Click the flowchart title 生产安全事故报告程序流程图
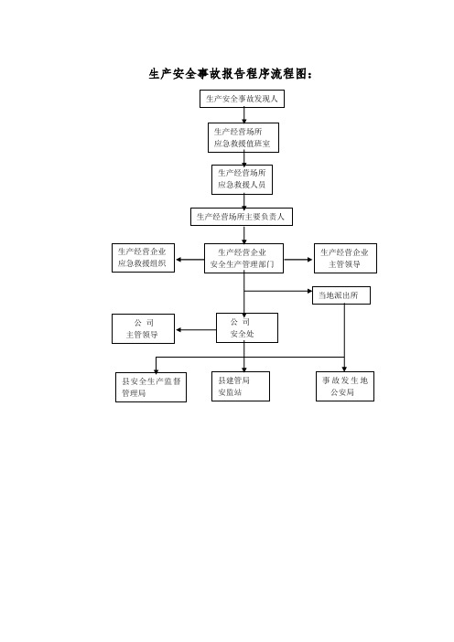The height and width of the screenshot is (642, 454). tap(231, 74)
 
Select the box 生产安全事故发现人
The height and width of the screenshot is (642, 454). tap(243, 99)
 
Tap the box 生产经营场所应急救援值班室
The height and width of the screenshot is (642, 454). tap(243, 137)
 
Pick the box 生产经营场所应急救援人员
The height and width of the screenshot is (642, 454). tap(243, 179)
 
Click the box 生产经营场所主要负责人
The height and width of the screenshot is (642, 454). tap(242, 217)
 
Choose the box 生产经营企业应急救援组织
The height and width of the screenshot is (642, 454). tap(143, 258)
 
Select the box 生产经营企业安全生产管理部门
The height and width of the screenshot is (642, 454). tap(243, 259)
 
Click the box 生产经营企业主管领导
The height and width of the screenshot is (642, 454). tap(345, 259)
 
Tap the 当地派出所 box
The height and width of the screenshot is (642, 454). tap(341, 295)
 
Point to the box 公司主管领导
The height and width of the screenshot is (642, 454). tap(143, 329)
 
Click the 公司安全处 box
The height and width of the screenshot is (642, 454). tap(247, 328)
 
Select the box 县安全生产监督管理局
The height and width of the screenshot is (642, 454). tap(151, 388)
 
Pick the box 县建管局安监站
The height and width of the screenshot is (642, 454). tap(241, 386)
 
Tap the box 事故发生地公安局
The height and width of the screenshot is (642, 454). tap(345, 386)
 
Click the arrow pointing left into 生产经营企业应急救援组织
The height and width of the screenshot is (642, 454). tap(190, 260)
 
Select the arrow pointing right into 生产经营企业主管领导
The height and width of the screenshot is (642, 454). tap(298, 260)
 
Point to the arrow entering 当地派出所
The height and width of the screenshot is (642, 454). tap(278, 291)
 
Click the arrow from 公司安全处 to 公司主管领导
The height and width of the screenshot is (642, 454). tap(196, 330)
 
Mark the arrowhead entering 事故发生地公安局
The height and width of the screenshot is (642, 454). tap(344, 369)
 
